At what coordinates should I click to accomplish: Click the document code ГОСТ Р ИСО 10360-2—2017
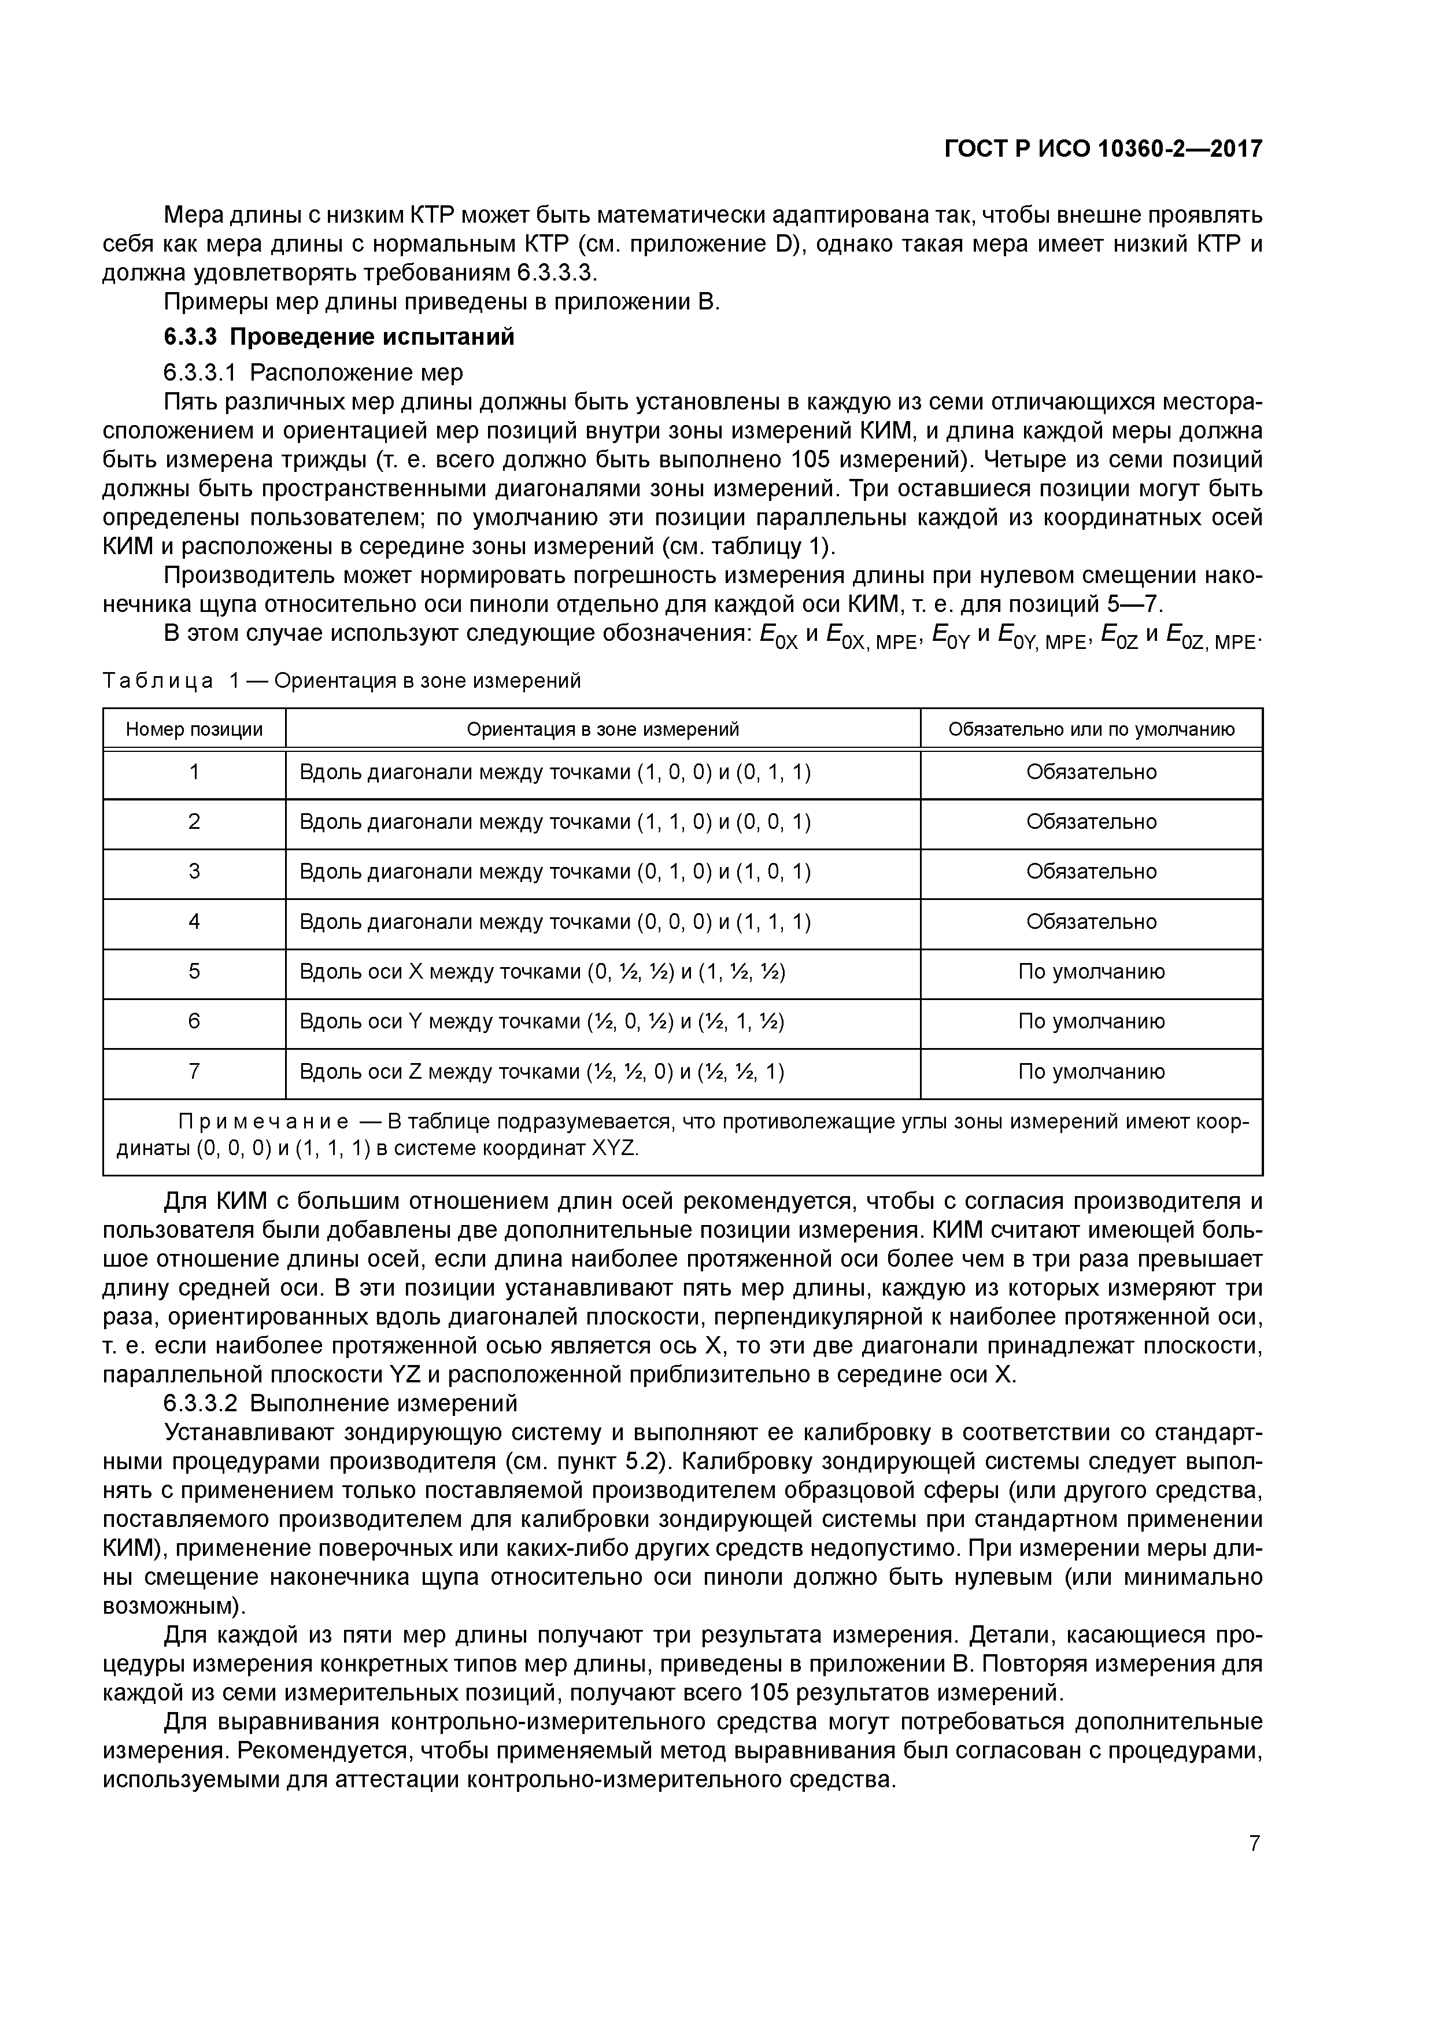pos(1103,149)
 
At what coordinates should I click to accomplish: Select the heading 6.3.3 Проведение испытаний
pos(338,337)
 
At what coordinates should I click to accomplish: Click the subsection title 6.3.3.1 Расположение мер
pos(313,372)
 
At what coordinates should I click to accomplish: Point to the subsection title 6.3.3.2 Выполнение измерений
pos(340,1403)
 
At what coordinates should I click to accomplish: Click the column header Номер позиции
pos(194,729)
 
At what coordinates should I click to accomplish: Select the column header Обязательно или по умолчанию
pos(1091,729)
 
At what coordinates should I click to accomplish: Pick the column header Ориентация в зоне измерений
pos(603,729)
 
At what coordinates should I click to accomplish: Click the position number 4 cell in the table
pos(194,922)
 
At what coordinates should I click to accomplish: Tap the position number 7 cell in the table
pos(194,1072)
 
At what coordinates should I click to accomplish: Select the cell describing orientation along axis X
pos(542,972)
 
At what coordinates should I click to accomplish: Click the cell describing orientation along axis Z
pos(542,1072)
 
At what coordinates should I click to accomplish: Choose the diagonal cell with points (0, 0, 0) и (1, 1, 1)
pos(555,922)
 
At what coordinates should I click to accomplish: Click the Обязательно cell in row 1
pos(1091,772)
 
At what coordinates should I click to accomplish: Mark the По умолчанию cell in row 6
pos(1091,1021)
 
